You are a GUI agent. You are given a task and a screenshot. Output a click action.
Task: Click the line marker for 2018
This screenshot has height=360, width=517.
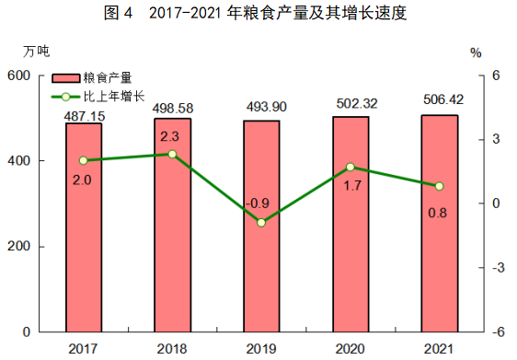tap(172, 154)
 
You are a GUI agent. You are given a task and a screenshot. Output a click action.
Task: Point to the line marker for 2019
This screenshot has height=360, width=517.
tap(261, 223)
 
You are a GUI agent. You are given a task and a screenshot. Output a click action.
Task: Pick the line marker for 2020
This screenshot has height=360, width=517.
tap(350, 167)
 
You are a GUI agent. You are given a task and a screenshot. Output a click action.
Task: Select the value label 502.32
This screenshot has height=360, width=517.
tap(350, 107)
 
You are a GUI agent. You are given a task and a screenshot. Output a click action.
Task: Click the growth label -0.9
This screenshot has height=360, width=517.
tap(260, 203)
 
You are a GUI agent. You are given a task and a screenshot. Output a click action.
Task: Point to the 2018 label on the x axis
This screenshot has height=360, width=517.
tap(172, 346)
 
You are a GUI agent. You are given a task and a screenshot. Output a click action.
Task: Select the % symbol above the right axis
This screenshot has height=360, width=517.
tap(476, 52)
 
